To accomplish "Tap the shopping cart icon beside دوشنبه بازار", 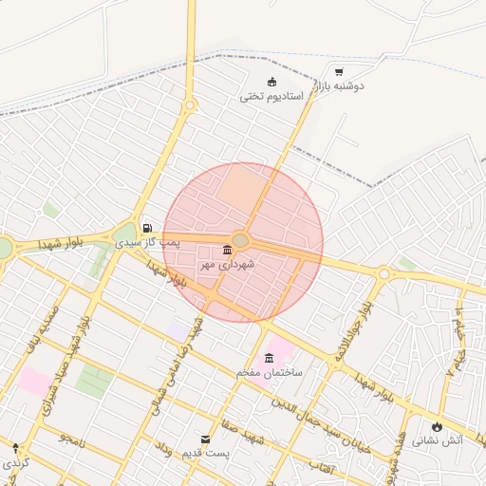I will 339,71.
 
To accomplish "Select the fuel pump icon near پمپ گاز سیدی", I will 147,228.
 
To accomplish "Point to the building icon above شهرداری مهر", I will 226,250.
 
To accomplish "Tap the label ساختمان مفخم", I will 270,373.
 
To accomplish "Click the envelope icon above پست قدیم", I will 206,439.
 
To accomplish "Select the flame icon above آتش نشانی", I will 437,425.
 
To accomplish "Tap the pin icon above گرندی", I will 15,447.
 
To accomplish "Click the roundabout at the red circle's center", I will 240,241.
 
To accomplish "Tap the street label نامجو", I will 72,438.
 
